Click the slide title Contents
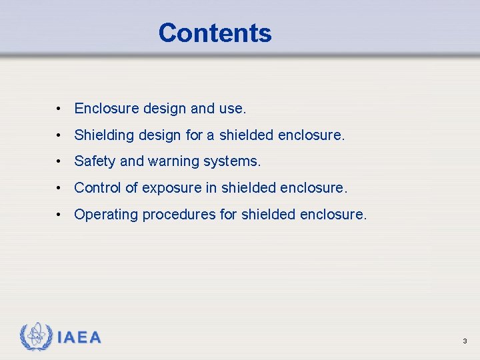(215, 33)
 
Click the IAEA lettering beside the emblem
(79, 338)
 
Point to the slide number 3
(464, 341)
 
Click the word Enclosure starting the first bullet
(106, 108)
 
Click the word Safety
(95, 161)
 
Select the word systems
(235, 161)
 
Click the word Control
(97, 188)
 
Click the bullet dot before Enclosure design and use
(59, 108)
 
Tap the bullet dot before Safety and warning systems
(59, 161)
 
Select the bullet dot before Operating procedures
(59, 215)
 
